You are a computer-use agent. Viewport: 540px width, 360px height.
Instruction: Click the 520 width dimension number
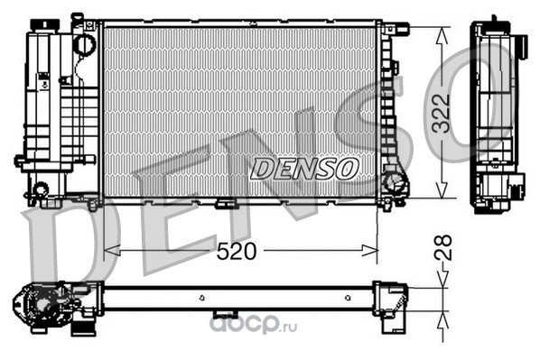coord(237,251)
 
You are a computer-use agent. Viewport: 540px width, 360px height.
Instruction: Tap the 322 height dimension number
coord(442,113)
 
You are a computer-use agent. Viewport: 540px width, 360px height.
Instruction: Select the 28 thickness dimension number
coord(442,247)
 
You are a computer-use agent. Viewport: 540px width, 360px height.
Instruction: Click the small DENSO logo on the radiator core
coord(304,169)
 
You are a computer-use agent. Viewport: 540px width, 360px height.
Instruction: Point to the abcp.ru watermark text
coord(253,325)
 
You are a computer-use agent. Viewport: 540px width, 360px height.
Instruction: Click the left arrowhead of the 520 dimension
coord(112,251)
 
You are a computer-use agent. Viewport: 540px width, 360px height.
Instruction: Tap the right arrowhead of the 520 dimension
coord(369,251)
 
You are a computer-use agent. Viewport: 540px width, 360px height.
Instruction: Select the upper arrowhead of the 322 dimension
coord(442,35)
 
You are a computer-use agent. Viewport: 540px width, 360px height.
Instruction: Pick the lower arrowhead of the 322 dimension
coord(442,190)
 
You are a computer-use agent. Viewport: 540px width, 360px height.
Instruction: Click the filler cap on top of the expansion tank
coord(45,24)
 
